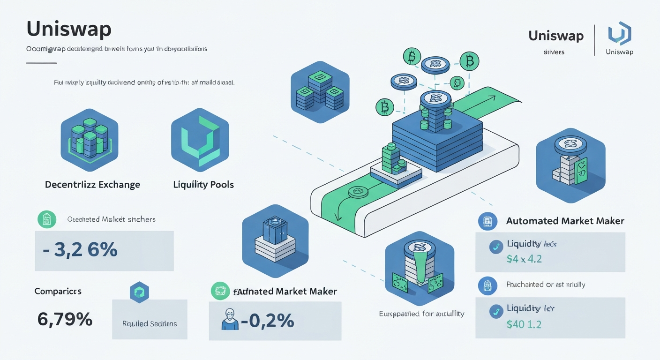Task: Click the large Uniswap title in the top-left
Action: pyautogui.click(x=69, y=29)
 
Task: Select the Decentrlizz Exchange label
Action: pyautogui.click(x=92, y=185)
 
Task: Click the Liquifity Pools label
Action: pyautogui.click(x=203, y=185)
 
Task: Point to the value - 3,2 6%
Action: pyautogui.click(x=80, y=250)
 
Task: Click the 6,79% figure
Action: pyautogui.click(x=65, y=320)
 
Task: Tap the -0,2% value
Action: pyautogui.click(x=268, y=321)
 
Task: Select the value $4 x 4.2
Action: pyautogui.click(x=524, y=258)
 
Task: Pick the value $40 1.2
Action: pyautogui.click(x=524, y=324)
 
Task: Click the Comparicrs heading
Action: pyautogui.click(x=58, y=291)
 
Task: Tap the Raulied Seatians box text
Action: pyautogui.click(x=150, y=323)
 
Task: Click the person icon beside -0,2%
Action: pyautogui.click(x=228, y=320)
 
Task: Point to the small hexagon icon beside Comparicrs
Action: pyautogui.click(x=139, y=292)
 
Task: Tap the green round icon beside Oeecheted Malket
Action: pyautogui.click(x=46, y=219)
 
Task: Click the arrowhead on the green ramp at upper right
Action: pyautogui.click(x=493, y=98)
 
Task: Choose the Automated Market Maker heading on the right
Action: pyautogui.click(x=565, y=221)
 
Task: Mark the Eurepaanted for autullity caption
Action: pyautogui.click(x=421, y=314)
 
